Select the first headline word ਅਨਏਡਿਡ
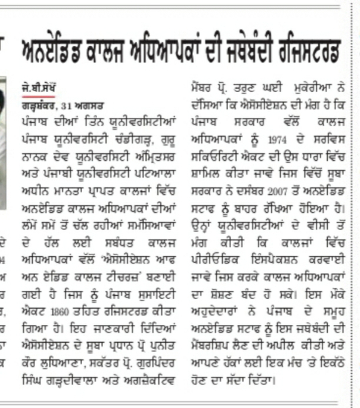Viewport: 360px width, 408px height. point(46,50)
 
